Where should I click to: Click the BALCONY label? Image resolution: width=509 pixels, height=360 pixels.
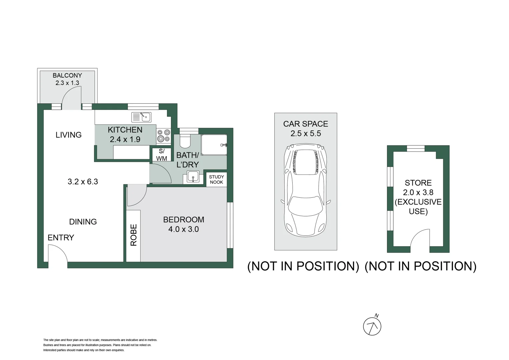click(x=67, y=76)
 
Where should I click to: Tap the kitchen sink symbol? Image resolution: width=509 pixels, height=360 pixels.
click(x=141, y=117)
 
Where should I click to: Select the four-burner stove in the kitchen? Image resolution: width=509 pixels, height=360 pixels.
click(x=164, y=136)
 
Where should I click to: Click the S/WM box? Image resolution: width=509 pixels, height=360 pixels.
click(x=161, y=155)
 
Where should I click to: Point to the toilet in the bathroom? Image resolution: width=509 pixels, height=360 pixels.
click(x=184, y=140)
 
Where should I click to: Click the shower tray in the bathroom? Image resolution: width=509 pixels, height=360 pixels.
click(x=214, y=145)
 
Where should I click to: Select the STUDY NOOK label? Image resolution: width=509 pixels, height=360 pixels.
click(x=216, y=179)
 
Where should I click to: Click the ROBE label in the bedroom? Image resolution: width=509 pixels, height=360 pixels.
click(x=133, y=235)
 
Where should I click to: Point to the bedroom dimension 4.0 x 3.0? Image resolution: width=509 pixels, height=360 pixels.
click(x=183, y=229)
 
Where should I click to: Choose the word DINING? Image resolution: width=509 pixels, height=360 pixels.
click(x=83, y=222)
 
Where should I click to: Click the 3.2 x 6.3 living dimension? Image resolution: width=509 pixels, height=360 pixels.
click(x=83, y=182)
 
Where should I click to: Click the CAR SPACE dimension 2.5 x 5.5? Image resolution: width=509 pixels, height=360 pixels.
click(x=305, y=134)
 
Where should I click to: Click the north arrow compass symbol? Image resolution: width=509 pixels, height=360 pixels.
click(x=372, y=326)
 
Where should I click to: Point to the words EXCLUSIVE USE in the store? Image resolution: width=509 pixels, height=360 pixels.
click(x=418, y=207)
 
